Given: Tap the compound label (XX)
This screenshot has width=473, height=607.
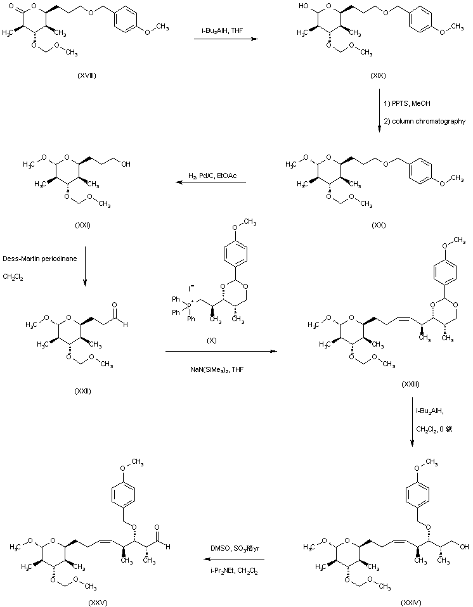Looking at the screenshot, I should point(379,223).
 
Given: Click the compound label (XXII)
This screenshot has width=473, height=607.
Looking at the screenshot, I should point(82,390).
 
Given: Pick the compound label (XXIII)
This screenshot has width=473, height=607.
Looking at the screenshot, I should point(410,383).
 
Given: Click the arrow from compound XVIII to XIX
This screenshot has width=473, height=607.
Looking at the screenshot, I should point(226,40).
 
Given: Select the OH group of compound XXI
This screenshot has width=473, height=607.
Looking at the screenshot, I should point(127,163).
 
